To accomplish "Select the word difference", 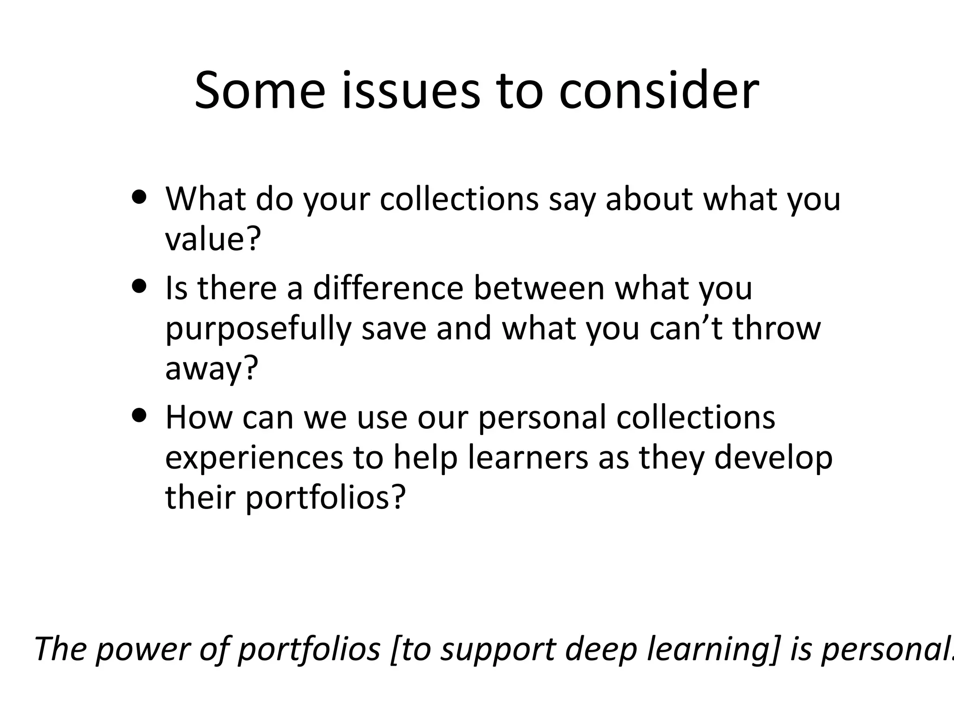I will point(388,288).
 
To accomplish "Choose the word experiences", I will point(254,457).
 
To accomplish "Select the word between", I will point(539,288).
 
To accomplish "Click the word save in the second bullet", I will point(394,328).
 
